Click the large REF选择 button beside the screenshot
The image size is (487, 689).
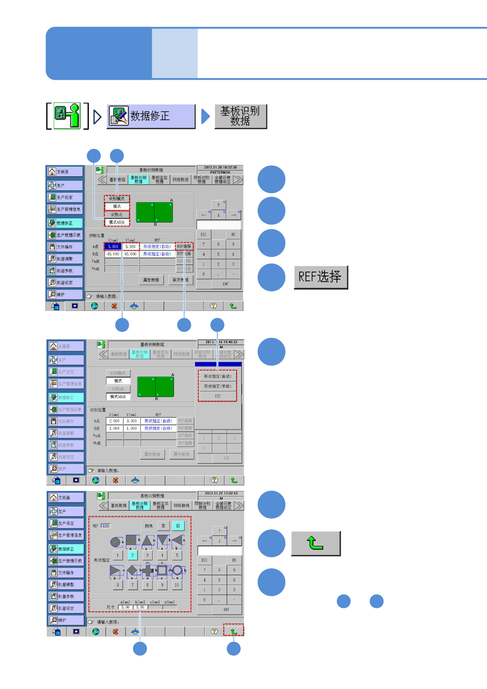[x=321, y=277]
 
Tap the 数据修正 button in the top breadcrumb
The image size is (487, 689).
[x=151, y=117]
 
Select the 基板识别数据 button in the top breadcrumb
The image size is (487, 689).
[x=241, y=117]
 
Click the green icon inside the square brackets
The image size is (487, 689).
[x=67, y=116]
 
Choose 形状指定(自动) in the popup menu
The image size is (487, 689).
[x=218, y=376]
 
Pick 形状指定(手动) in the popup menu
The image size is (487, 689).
[x=218, y=386]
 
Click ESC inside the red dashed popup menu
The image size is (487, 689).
[x=218, y=396]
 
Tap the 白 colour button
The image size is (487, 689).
[x=178, y=526]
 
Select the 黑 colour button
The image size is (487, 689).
[x=163, y=526]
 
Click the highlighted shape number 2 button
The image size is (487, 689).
[x=132, y=555]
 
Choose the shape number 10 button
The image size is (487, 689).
[x=177, y=585]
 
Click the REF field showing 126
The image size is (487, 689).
[x=106, y=526]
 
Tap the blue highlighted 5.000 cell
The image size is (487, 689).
[x=113, y=247]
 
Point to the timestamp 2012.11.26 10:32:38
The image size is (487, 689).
[x=220, y=167]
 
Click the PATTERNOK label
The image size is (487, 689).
[x=220, y=172]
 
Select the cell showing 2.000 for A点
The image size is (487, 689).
[x=114, y=421]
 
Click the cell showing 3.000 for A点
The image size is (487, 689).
[x=131, y=421]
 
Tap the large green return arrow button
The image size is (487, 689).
[x=316, y=543]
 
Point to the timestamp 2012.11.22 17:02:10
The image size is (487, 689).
[x=221, y=493]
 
